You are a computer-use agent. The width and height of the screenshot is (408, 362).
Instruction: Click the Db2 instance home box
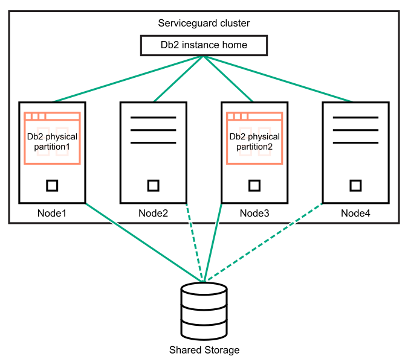tap(203, 45)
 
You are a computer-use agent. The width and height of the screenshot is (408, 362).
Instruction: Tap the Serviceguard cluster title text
tap(204, 24)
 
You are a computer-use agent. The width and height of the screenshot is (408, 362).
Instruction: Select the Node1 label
tap(51, 213)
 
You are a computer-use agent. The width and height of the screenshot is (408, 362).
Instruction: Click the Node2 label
tap(153, 213)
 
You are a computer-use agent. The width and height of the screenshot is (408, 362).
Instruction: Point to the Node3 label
tap(254, 213)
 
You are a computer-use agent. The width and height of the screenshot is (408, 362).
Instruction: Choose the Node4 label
tap(355, 213)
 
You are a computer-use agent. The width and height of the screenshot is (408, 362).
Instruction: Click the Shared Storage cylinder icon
tap(204, 311)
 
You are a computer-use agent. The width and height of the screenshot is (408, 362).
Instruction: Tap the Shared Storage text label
tap(204, 350)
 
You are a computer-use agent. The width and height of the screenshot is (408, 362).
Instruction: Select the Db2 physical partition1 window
tap(52, 138)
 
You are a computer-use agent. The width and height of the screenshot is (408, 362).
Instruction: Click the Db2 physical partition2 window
tap(254, 138)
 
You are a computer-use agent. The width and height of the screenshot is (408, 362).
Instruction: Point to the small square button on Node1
tap(52, 185)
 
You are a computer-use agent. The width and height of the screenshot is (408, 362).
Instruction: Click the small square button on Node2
tap(154, 185)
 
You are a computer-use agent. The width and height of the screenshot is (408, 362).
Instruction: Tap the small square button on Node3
tap(254, 185)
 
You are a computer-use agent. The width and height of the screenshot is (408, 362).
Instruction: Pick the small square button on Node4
tap(356, 185)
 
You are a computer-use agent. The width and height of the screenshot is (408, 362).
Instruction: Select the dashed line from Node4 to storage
tap(264, 243)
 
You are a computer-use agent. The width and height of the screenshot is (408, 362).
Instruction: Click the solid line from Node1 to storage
tap(142, 241)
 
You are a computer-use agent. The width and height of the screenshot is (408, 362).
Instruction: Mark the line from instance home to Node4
tap(278, 79)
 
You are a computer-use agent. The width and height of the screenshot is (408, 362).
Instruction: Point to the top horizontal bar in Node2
tap(154, 117)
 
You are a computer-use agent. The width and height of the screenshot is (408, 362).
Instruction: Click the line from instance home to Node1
tap(128, 79)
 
